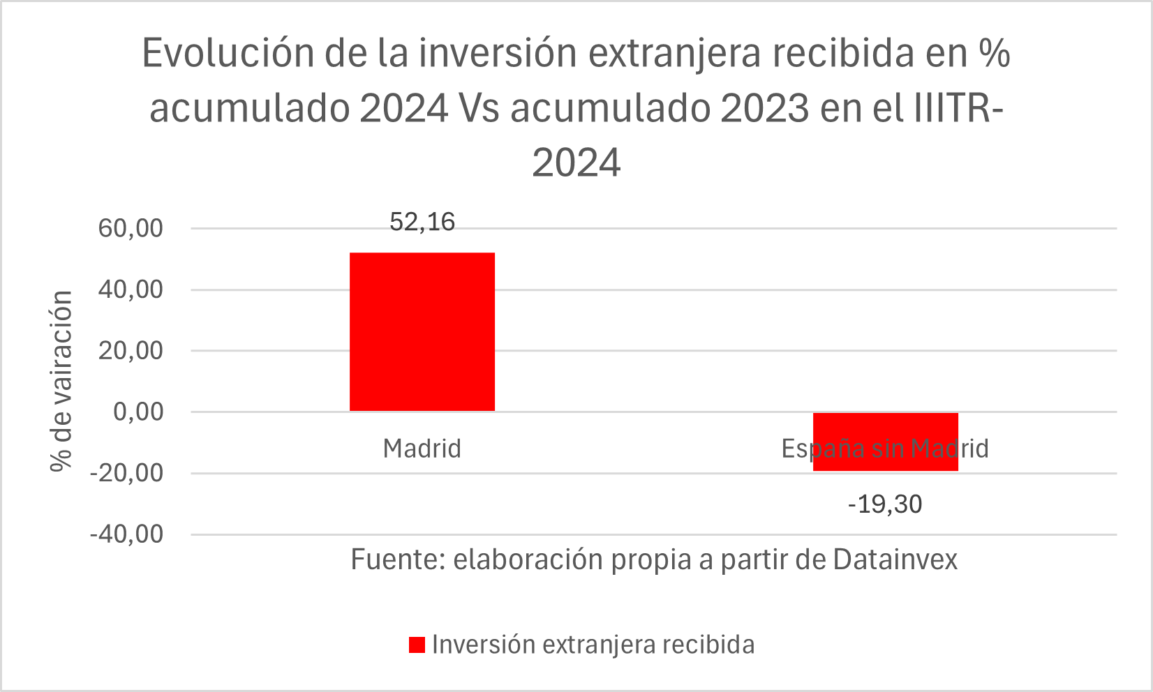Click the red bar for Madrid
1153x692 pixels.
point(422,331)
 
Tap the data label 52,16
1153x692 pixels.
point(422,222)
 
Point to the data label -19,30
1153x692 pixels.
point(885,504)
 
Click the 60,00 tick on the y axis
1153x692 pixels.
point(131,228)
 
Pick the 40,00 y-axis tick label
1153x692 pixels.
point(131,289)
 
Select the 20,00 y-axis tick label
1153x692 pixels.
point(131,351)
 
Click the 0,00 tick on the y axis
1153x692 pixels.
point(138,412)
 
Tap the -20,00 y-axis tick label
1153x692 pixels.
point(126,473)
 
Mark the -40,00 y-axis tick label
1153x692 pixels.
point(126,534)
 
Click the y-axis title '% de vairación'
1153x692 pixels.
point(62,381)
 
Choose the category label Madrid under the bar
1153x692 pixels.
point(422,449)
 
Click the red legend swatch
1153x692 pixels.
point(417,645)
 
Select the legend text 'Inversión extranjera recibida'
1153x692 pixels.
point(593,645)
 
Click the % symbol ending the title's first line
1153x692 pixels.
point(994,53)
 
